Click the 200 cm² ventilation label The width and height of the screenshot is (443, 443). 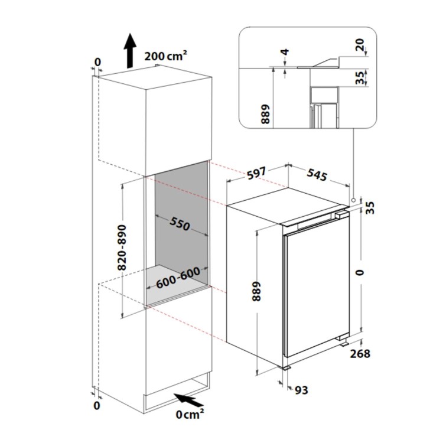coord(165,57)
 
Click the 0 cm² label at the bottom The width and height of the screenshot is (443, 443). coord(190,414)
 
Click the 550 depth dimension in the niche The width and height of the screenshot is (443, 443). coord(180,224)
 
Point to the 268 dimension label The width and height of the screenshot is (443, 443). coord(360,353)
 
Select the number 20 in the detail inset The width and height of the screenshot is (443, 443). coord(360,44)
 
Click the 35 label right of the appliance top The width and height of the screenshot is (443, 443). coord(370,207)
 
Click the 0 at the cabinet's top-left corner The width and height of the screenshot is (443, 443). coord(97,62)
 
